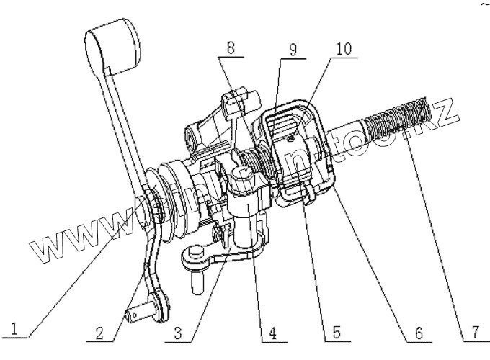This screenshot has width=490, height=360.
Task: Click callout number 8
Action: pos(229,48)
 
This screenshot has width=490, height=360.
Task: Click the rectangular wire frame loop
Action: pos(295,151)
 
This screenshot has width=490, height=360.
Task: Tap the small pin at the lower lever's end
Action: pos(134,315)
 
